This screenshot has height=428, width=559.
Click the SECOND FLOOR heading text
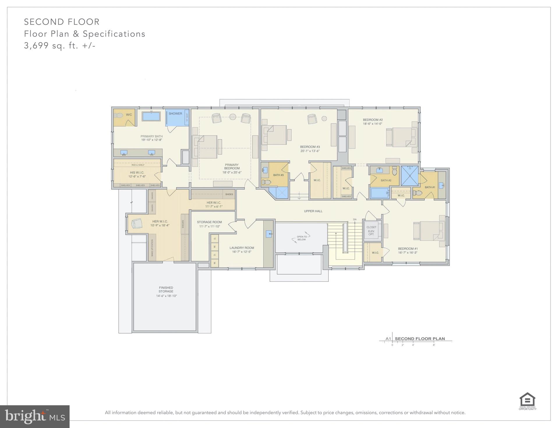pos(62,22)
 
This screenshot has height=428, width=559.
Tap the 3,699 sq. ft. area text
pos(60,46)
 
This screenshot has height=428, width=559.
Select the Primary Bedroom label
pos(232,167)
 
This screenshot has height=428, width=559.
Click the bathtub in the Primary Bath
pos(151,116)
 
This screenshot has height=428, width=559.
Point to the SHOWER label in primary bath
pos(175,114)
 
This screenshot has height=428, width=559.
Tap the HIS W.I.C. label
pos(137,172)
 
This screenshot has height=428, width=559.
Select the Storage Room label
pos(209,222)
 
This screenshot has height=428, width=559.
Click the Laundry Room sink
pos(269,234)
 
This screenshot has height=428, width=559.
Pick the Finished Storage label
pos(166,289)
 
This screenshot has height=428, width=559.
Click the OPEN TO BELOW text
pos(302,238)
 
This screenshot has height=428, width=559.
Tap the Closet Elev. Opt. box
pos(371,230)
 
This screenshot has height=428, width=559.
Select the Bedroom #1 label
pos(408,249)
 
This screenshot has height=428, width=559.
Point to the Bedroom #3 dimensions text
pos(310,151)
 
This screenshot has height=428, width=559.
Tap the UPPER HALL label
pos(313,211)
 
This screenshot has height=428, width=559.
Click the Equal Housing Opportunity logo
pos(527,401)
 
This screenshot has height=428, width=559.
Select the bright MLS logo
pos(35,417)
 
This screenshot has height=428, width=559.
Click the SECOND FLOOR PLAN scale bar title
pos(420,339)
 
